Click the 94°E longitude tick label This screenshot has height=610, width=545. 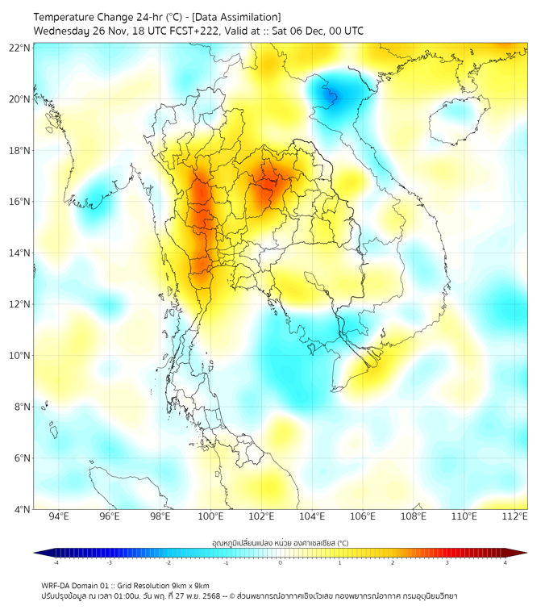(59, 517)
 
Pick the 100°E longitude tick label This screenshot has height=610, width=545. (211, 517)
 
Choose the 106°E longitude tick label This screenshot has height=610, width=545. (364, 517)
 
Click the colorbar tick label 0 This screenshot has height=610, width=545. (281, 563)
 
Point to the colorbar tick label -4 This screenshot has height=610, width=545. (55, 563)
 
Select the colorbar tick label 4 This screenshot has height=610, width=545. (505, 563)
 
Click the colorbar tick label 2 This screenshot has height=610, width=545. (393, 563)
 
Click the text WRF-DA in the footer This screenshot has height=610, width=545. (57, 585)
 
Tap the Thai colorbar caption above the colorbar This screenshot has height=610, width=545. (280, 542)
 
